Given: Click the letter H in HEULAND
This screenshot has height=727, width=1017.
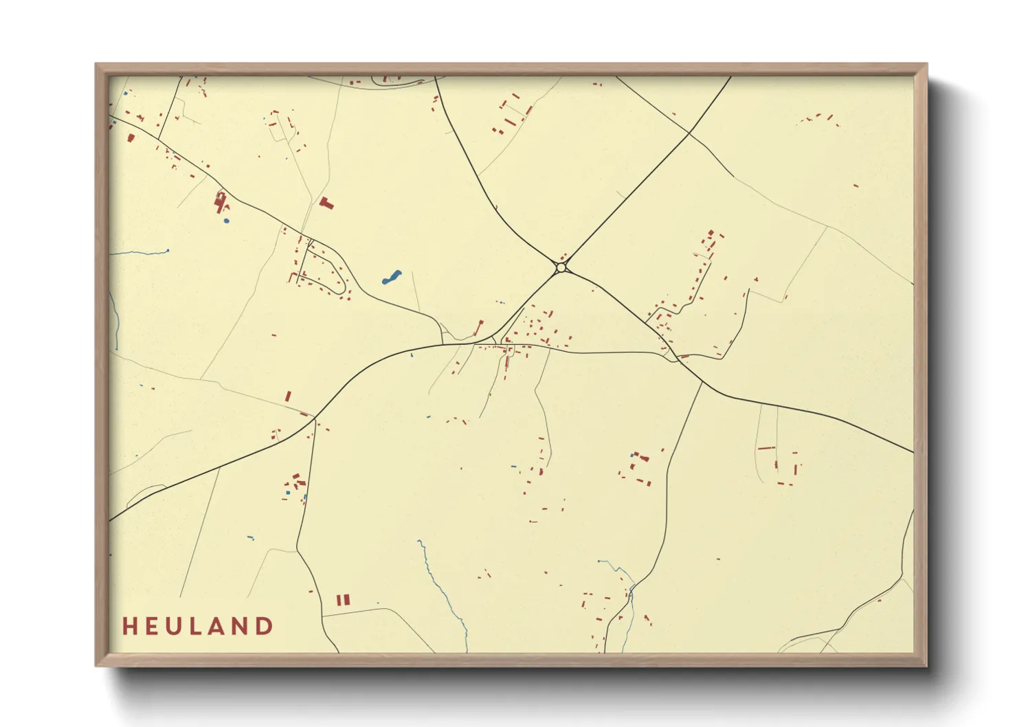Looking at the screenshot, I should click(128, 626).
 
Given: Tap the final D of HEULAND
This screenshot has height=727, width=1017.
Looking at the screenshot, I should click(265, 626).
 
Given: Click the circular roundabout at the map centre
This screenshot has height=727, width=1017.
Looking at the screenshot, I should click(561, 267).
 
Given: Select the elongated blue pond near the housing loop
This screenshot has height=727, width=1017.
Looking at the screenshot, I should click(390, 278).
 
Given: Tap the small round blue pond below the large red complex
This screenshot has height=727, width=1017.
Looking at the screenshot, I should click(226, 221).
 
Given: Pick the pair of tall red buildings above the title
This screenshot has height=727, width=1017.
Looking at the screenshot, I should click(343, 600).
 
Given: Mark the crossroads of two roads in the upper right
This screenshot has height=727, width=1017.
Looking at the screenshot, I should click(689, 132).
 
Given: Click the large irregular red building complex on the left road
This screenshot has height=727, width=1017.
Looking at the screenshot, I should click(221, 201).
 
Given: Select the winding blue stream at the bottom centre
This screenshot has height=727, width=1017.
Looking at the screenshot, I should click(440, 591).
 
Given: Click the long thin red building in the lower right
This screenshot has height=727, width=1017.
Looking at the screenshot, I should click(766, 448).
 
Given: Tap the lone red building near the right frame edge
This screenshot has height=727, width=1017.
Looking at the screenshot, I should click(856, 186).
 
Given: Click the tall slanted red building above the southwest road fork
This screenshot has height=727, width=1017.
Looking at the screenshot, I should click(288, 396).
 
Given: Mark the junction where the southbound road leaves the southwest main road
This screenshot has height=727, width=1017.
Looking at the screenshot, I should click(315, 418).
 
